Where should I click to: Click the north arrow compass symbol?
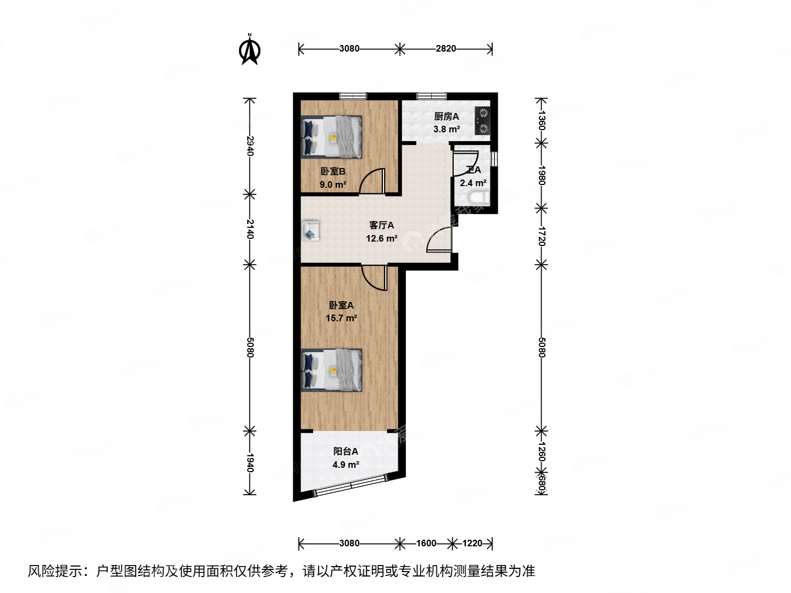[250, 50]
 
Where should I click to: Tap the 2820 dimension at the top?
[445, 48]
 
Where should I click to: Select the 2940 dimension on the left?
[250, 146]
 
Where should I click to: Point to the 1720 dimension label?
[542, 236]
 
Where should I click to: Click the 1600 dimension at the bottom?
[426, 543]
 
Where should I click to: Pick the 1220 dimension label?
[472, 543]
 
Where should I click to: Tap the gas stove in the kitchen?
[483, 121]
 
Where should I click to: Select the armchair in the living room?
[311, 231]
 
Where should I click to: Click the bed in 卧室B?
[332, 137]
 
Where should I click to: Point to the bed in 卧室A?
[332, 370]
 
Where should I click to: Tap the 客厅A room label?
[381, 225]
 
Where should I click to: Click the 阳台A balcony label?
[346, 451]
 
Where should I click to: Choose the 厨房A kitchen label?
[446, 116]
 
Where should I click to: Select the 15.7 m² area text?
[341, 318]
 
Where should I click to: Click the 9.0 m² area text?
[333, 184]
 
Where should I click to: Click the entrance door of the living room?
[439, 239]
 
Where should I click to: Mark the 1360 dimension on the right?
[542, 120]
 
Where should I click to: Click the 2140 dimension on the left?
[250, 229]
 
